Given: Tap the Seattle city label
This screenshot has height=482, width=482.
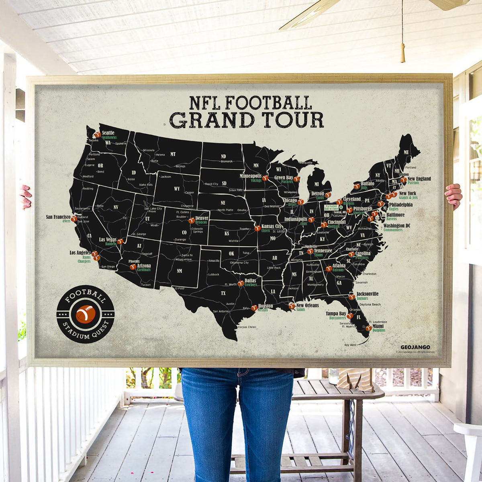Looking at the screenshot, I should pyautogui.click(x=108, y=133).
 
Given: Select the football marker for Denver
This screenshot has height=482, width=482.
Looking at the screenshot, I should pyautogui.click(x=191, y=220).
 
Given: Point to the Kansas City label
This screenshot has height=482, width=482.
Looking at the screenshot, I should pyautogui.click(x=272, y=226).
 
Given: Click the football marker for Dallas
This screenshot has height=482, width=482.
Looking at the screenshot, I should pyautogui.click(x=240, y=283).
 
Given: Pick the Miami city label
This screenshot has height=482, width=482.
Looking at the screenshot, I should pyautogui.click(x=378, y=326).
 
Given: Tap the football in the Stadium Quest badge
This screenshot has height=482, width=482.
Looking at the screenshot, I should pyautogui.click(x=86, y=314).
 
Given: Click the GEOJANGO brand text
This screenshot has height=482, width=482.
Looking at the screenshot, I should pyautogui.click(x=415, y=347).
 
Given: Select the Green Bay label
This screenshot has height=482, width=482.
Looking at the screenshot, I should pyautogui.click(x=284, y=178).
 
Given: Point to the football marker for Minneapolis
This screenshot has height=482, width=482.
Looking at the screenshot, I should pyautogui.click(x=265, y=178).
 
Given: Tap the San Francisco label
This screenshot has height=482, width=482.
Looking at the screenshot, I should pyautogui.click(x=58, y=217).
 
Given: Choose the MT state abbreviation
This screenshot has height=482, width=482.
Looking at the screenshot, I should pyautogui.click(x=173, y=154).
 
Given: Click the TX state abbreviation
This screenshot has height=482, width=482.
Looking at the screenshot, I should pyautogui.click(x=223, y=293).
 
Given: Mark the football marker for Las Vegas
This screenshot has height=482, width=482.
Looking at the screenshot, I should pyautogui.click(x=120, y=241).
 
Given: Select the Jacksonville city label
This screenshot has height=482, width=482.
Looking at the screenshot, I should pyautogui.click(x=367, y=294).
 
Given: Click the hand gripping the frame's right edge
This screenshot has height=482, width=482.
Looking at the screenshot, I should pyautogui.click(x=454, y=196).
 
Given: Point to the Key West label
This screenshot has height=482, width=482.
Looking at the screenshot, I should pyautogui.click(x=350, y=345).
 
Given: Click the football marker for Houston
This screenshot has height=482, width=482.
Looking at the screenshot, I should pyautogui.click(x=254, y=308).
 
